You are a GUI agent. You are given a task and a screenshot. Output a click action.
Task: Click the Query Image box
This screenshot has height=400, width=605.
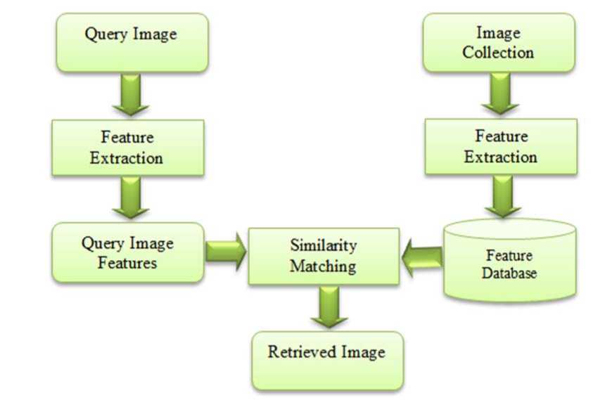pyautogui.click(x=132, y=42)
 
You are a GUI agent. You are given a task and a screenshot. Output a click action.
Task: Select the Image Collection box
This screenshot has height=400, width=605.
pyautogui.click(x=498, y=42)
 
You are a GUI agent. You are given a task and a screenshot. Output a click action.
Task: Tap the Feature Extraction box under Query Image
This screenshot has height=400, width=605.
pyautogui.click(x=127, y=147)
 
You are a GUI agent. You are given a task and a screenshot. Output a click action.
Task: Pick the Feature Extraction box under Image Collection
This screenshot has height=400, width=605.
pyautogui.click(x=500, y=146)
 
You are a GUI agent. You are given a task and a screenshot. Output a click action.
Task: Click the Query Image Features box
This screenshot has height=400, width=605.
pyautogui.click(x=128, y=253)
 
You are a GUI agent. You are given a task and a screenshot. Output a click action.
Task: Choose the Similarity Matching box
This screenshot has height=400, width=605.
pyautogui.click(x=324, y=256)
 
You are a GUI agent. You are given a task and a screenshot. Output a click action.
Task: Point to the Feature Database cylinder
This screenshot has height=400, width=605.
pyautogui.click(x=509, y=261)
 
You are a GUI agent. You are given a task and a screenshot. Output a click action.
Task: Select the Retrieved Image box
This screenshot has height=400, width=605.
pyautogui.click(x=327, y=360)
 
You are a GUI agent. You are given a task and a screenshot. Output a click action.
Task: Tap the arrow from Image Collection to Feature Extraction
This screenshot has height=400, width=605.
pyautogui.click(x=500, y=94)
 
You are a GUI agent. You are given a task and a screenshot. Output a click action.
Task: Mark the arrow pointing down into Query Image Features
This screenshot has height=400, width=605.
pyautogui.click(x=130, y=198)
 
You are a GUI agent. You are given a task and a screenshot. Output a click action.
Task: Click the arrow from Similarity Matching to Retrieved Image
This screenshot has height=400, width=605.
pyautogui.click(x=325, y=307)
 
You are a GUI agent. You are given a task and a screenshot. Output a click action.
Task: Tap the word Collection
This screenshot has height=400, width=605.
pyautogui.click(x=498, y=52)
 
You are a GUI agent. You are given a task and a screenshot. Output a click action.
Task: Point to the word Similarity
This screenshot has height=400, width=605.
pyautogui.click(x=324, y=245)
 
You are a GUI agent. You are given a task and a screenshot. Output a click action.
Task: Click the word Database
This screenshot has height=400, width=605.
pyautogui.click(x=509, y=273)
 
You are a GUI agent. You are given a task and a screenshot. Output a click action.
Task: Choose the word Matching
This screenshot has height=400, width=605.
pyautogui.click(x=324, y=266)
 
